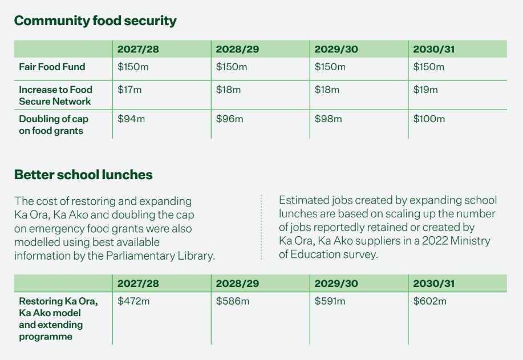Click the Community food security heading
[x=95, y=21]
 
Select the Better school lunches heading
[x=83, y=175]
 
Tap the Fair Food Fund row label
[x=52, y=67]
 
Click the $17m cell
[x=129, y=90]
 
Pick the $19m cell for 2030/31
[x=425, y=90]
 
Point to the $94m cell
[x=131, y=119]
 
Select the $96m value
[x=229, y=119]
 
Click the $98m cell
[x=328, y=119]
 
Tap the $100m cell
[x=429, y=119]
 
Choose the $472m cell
[x=133, y=301]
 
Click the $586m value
[x=233, y=301]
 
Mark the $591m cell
[x=330, y=301]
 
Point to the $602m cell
[x=429, y=301]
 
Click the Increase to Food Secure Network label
[x=55, y=95]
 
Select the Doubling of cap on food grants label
[x=54, y=125]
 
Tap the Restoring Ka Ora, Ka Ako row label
[x=58, y=318]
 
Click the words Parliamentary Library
[x=160, y=256]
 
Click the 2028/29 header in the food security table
[x=237, y=49]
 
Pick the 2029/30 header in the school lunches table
[x=336, y=283]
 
